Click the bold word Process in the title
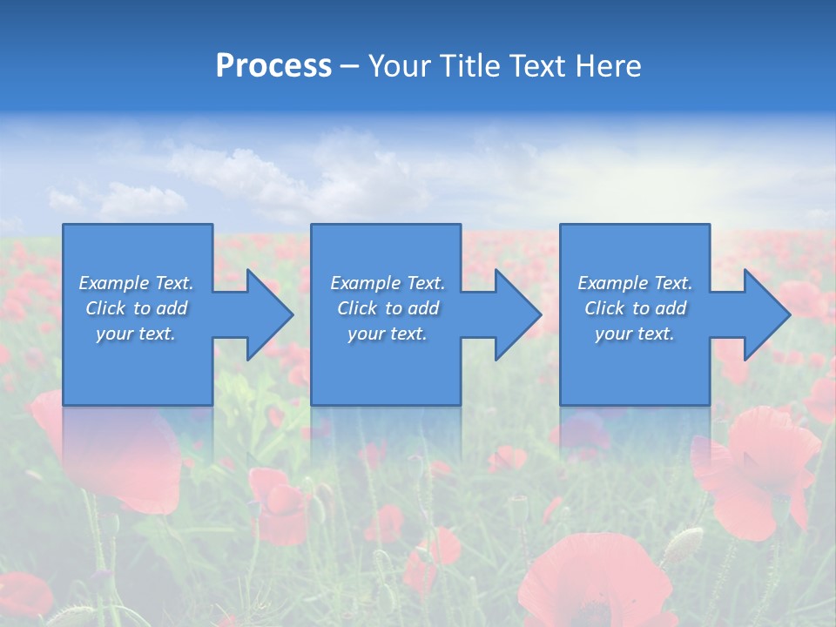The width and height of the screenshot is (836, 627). [273, 66]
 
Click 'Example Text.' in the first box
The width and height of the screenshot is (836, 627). [136, 283]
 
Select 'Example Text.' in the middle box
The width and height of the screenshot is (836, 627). [388, 283]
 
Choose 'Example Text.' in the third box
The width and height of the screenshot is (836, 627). [635, 283]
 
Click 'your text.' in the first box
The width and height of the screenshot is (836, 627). [136, 334]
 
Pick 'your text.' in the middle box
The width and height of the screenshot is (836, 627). [388, 334]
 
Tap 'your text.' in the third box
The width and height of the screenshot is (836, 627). [635, 334]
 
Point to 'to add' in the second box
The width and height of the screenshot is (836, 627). [412, 308]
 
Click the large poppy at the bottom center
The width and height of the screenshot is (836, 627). [592, 579]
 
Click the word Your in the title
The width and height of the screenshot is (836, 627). [398, 66]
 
